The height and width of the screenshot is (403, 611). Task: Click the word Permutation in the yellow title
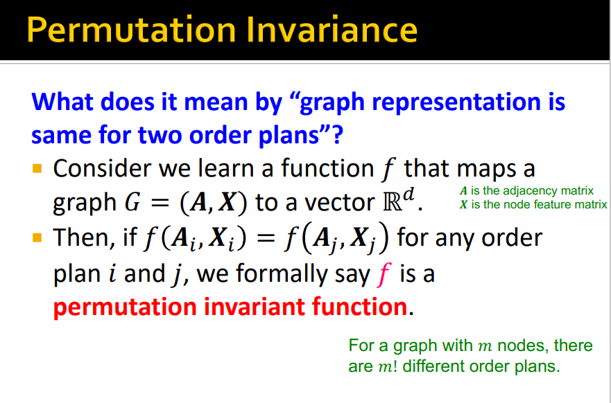click(x=131, y=30)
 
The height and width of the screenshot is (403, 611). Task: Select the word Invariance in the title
click(x=332, y=30)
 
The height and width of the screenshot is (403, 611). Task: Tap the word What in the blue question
click(x=62, y=102)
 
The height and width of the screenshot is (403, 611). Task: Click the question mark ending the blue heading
click(x=338, y=135)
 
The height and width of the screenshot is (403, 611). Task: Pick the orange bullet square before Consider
click(x=37, y=168)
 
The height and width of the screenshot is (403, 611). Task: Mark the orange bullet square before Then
click(x=37, y=238)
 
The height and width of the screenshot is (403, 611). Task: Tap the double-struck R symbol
click(x=393, y=202)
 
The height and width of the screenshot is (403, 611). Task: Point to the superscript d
click(x=408, y=195)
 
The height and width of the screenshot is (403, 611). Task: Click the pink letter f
click(x=384, y=274)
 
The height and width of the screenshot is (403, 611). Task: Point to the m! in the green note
click(x=387, y=366)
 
